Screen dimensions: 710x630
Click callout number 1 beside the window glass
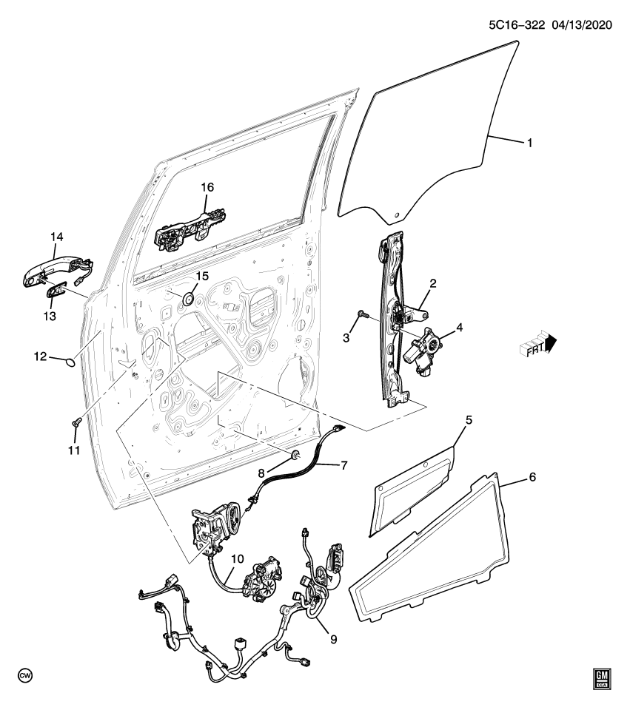click(529, 143)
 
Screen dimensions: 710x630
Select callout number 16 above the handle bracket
click(207, 188)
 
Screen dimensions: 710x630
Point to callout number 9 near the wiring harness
click(332, 638)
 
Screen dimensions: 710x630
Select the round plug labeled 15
click(187, 298)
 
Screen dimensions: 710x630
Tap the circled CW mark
click(25, 677)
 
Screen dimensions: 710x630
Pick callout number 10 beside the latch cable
click(237, 560)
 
